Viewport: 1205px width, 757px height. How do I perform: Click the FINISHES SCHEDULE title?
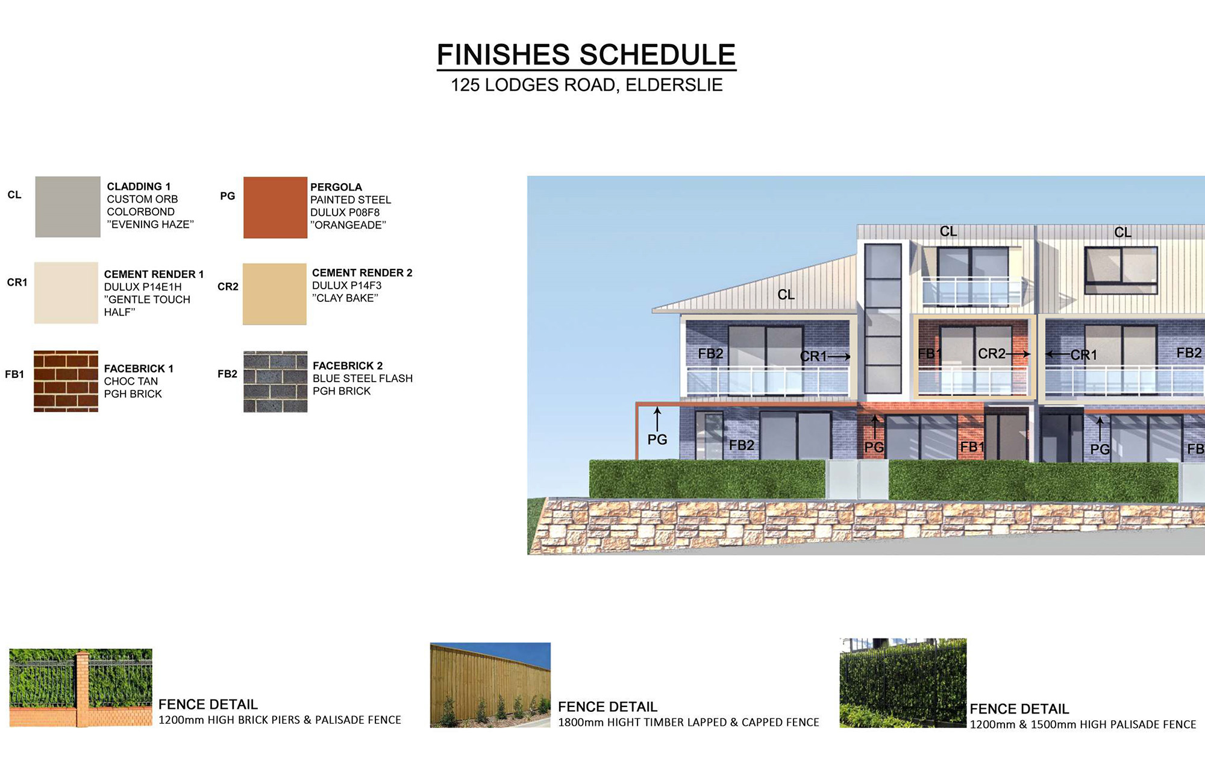point(586,55)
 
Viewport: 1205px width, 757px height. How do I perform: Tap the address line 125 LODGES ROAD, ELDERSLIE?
point(587,85)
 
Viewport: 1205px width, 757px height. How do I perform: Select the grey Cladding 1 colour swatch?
point(67,207)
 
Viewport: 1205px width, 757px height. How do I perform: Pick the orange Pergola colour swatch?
point(275,207)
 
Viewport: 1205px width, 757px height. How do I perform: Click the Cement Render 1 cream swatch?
point(66,293)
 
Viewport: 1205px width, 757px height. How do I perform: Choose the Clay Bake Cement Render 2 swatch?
point(275,294)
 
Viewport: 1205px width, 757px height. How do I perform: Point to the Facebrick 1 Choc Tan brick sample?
point(66,381)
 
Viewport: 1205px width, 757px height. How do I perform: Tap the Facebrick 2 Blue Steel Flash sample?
point(275,382)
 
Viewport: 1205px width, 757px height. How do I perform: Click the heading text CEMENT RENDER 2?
point(362,273)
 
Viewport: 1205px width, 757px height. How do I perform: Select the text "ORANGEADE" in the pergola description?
point(348,225)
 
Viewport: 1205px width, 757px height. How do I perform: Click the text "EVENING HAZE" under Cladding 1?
point(151,224)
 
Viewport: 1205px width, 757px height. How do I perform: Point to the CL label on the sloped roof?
point(786,295)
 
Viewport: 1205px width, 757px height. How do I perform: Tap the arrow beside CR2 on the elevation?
point(1019,354)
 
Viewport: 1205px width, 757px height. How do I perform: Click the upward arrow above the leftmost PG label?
point(657,419)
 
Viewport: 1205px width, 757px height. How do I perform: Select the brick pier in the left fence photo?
point(83,688)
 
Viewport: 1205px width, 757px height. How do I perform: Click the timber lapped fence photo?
point(490,685)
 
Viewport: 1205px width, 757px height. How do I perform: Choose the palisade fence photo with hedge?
point(903,683)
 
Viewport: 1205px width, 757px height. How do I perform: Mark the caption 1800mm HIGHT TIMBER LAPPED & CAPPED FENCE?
point(689,722)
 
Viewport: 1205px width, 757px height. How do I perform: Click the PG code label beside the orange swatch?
point(228,196)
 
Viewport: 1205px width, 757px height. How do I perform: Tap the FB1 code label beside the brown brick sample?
point(14,374)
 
